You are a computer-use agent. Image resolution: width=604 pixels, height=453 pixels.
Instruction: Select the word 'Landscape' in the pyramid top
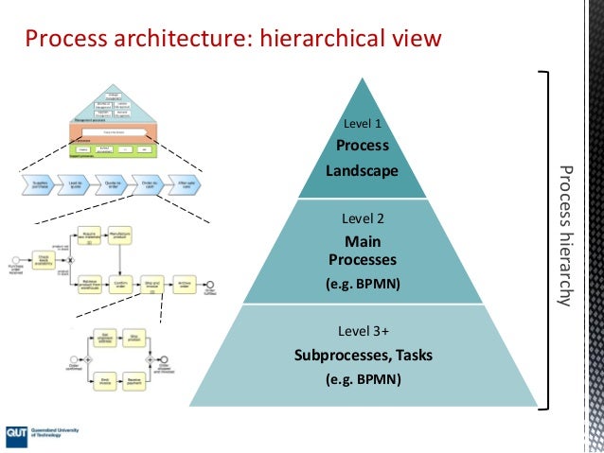pos(364,171)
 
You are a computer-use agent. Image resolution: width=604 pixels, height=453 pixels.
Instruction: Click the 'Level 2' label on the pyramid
pos(363,218)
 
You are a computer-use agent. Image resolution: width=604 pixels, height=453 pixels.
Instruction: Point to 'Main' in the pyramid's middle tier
pos(363,240)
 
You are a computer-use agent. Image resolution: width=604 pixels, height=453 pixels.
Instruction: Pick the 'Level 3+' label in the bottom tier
pos(364,332)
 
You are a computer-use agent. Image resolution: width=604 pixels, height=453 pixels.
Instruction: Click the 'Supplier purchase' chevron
pos(40,186)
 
